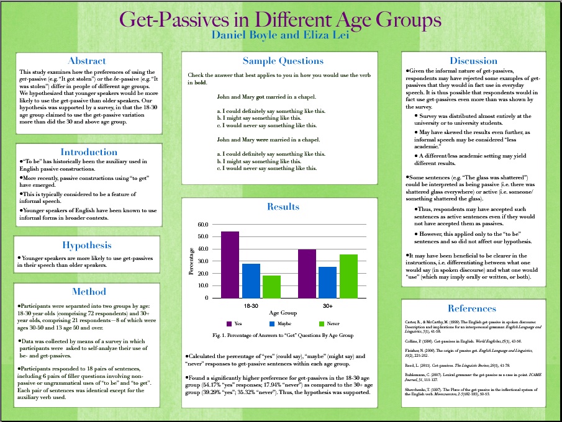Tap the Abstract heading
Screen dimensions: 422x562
point(87,61)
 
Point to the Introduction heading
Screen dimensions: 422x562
point(89,152)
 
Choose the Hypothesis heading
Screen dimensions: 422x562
point(87,245)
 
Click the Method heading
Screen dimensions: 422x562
point(89,291)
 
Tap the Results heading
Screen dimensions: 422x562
point(283,207)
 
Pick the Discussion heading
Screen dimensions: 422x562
point(473,61)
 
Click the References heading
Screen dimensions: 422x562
point(472,308)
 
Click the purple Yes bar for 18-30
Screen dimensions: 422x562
point(230,265)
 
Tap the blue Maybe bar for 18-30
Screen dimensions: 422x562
point(251,281)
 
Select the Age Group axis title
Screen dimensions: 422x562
point(283,314)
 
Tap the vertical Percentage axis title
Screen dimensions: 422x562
point(192,261)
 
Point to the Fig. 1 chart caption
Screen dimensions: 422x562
point(283,335)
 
